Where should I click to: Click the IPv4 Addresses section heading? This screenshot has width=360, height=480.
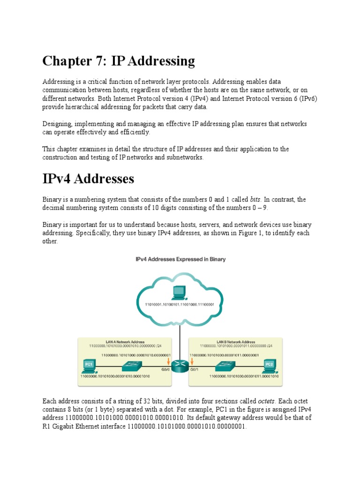[x=88, y=179]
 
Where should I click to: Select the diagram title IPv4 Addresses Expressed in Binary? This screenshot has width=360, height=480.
[x=180, y=259]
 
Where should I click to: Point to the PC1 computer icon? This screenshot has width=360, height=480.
[x=88, y=365]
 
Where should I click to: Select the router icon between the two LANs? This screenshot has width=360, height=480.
[x=179, y=366]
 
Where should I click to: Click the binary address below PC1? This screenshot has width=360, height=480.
[x=115, y=376]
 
